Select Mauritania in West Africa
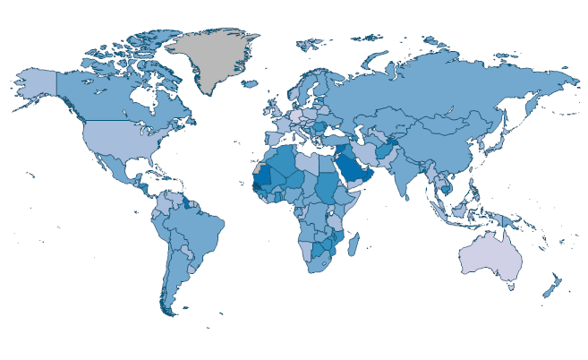[264, 175]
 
